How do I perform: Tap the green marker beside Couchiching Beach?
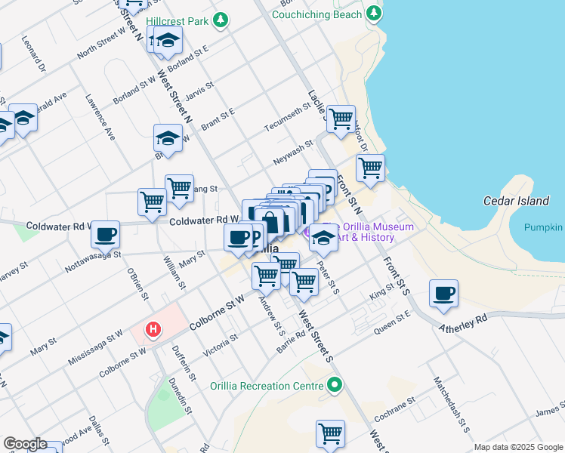[372, 14]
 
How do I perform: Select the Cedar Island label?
[516, 201]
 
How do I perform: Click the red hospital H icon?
[153, 329]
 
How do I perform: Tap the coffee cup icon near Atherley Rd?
[443, 292]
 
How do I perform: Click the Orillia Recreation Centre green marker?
[335, 386]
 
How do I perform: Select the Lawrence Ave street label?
[100, 117]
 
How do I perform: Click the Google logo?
[25, 443]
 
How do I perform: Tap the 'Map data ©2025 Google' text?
[517, 447]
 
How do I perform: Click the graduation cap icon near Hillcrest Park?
[168, 41]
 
